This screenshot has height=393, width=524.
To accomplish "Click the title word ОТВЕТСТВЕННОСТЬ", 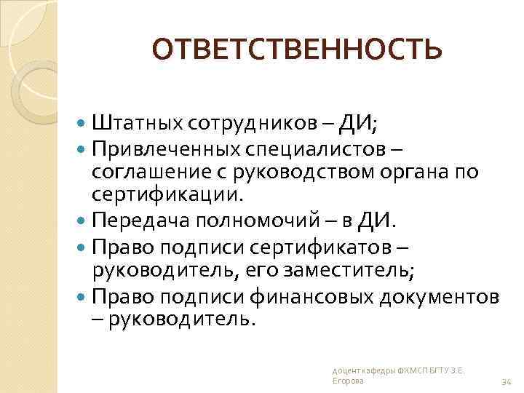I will (297, 49).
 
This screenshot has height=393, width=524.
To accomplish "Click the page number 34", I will (507, 381).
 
